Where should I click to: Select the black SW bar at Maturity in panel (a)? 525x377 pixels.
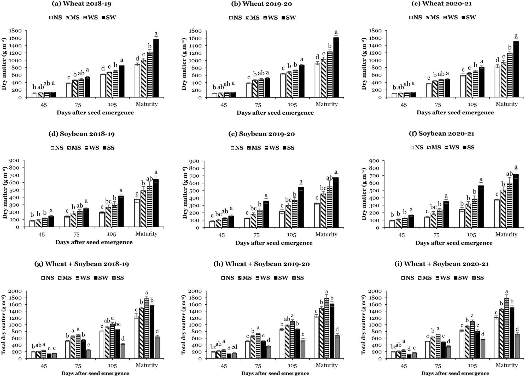click(x=156, y=68)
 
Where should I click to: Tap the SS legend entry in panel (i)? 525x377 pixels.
click(x=477, y=278)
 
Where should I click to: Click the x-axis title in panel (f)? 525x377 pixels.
click(x=454, y=243)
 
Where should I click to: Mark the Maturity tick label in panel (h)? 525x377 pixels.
click(x=326, y=365)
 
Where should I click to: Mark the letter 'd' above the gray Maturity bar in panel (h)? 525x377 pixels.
click(x=337, y=329)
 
